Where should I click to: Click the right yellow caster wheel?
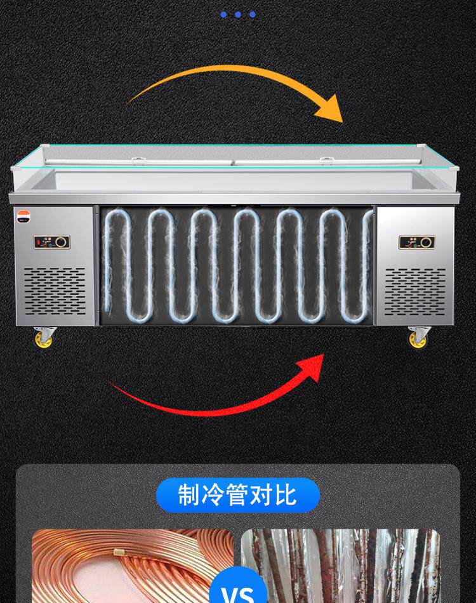tap(418, 339)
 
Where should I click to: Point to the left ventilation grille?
tap(55, 291)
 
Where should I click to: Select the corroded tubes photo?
tap(343, 565)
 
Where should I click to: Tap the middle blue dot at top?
tap(238, 14)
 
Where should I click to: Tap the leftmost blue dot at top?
tap(223, 14)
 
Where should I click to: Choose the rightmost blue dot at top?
tap(253, 14)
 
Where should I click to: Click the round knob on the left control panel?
tap(61, 242)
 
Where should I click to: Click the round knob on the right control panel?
tap(426, 242)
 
